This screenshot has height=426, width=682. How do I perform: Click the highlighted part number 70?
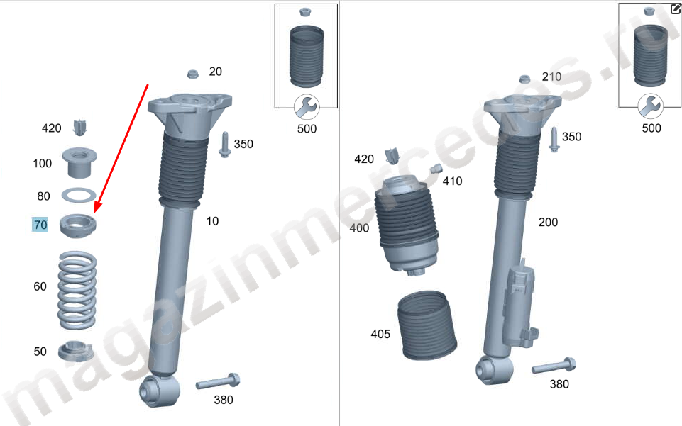tap(40, 225)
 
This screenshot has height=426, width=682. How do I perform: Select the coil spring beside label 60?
tap(77, 290)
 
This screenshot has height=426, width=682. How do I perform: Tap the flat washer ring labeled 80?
tap(79, 196)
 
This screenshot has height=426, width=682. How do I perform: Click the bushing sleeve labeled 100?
tap(79, 163)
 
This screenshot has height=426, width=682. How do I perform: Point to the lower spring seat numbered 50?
tap(76, 352)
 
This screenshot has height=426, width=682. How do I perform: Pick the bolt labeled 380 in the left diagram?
tap(218, 382)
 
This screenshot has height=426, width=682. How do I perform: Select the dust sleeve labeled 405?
tap(427, 325)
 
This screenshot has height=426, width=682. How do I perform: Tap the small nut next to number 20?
tap(193, 74)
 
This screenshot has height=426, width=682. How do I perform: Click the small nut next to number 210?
tap(525, 79)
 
